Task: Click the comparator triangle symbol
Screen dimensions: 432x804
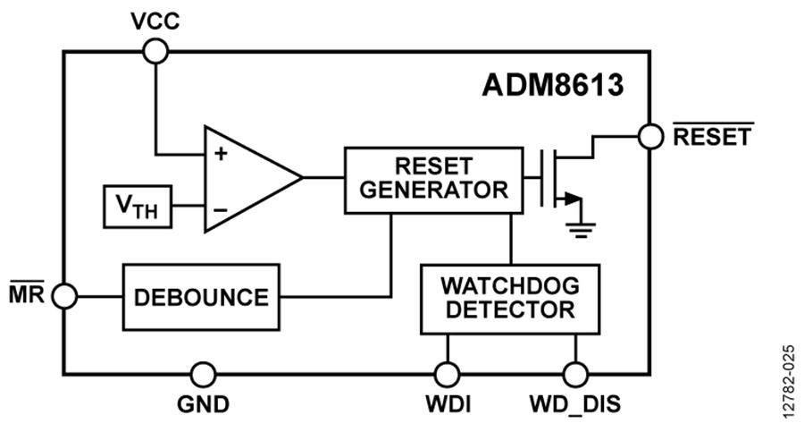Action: (246, 179)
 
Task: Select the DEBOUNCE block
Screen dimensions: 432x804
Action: (201, 296)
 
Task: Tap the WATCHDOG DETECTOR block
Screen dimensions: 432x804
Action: (510, 299)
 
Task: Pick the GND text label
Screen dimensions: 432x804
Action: (204, 403)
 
